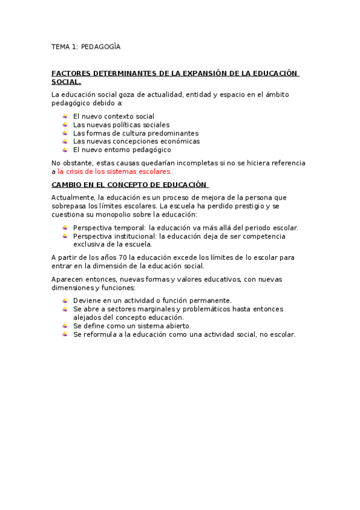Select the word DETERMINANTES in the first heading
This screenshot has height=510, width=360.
point(125,73)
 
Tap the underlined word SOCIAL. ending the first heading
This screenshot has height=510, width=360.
point(66,82)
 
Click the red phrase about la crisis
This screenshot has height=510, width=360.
point(114,171)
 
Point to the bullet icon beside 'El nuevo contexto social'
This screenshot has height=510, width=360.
point(64,116)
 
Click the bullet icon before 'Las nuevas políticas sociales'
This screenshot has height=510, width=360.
point(64,124)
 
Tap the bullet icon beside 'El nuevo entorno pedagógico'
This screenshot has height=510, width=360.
point(64,150)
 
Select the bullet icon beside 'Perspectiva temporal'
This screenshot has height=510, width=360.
point(64,227)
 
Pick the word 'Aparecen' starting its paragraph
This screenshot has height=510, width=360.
point(67,279)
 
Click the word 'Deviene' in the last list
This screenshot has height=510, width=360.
point(86,300)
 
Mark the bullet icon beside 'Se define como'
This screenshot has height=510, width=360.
point(64,325)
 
